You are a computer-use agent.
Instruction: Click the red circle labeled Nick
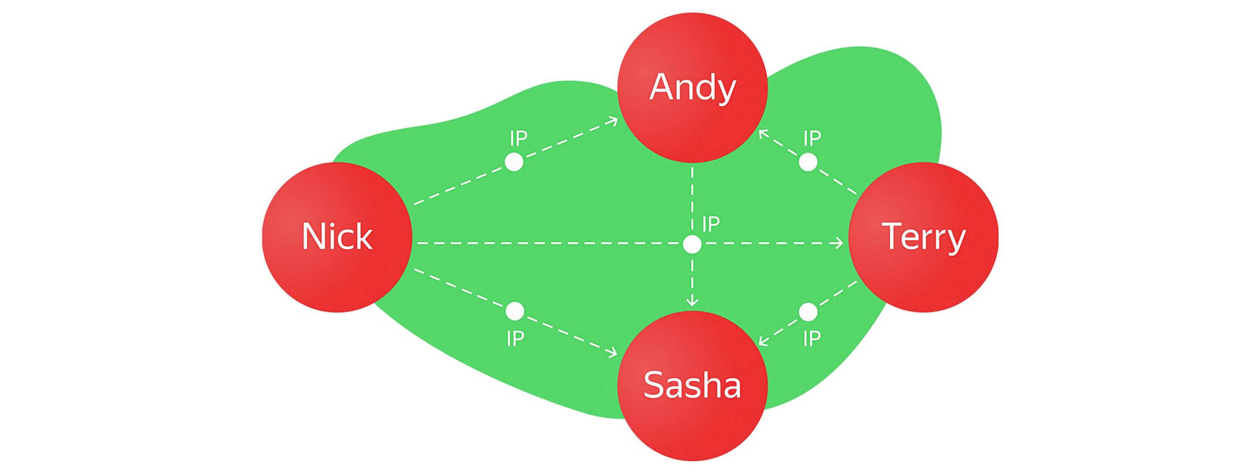pyautogui.click(x=337, y=237)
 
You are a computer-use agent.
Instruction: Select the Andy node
pyautogui.click(x=692, y=88)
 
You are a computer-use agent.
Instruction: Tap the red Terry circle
pyautogui.click(x=923, y=237)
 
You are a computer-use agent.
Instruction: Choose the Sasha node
pyautogui.click(x=692, y=386)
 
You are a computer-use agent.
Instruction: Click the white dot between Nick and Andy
pyautogui.click(x=514, y=162)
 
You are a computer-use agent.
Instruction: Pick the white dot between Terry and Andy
pyautogui.click(x=808, y=162)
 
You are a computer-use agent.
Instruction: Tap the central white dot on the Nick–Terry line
pyautogui.click(x=692, y=244)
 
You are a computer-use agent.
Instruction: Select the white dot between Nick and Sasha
pyautogui.click(x=515, y=311)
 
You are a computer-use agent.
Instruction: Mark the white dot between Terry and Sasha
pyautogui.click(x=808, y=312)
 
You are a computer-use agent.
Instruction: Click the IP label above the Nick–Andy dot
pyautogui.click(x=519, y=138)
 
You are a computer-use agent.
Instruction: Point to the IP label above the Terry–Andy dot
pyautogui.click(x=812, y=138)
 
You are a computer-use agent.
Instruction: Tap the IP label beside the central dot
pyautogui.click(x=711, y=224)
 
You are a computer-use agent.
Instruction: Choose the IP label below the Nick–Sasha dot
pyautogui.click(x=515, y=339)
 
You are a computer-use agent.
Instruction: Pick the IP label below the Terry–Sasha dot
pyautogui.click(x=812, y=339)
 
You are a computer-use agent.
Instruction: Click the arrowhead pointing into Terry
pyautogui.click(x=839, y=243)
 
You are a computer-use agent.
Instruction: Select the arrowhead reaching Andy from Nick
pyautogui.click(x=613, y=121)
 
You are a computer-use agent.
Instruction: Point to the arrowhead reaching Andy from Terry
pyautogui.click(x=763, y=134)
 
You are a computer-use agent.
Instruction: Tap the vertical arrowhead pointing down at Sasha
pyautogui.click(x=692, y=302)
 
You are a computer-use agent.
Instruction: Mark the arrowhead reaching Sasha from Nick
pyautogui.click(x=612, y=352)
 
